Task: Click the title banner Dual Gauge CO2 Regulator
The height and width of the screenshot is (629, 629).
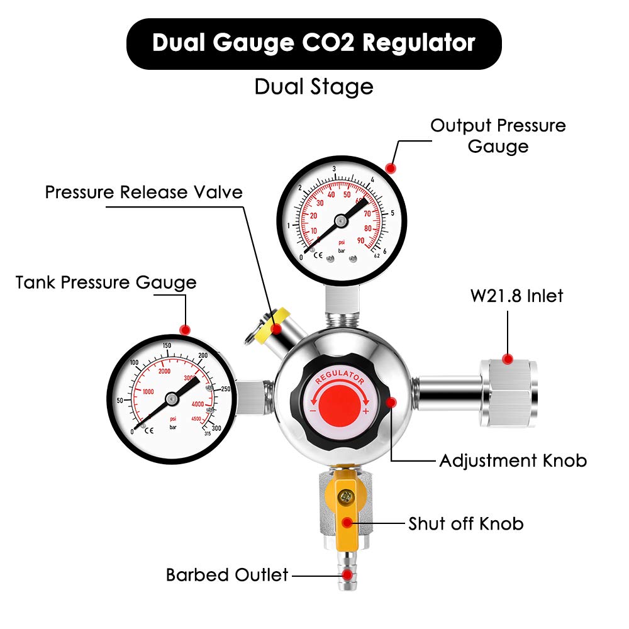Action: pos(314,43)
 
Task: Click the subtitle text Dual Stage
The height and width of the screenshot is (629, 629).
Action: pos(314,86)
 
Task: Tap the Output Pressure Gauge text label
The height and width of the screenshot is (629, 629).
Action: pos(498,135)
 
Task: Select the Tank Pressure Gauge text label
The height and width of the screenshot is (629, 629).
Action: pos(106,282)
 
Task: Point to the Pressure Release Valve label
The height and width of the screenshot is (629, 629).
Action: pos(143,192)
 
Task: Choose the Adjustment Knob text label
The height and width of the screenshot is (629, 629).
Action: pos(513,460)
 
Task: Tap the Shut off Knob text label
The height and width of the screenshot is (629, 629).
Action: pos(465,523)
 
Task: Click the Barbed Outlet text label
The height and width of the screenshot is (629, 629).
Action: pos(227,574)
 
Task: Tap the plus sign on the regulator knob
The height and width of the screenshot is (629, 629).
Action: pos(366,411)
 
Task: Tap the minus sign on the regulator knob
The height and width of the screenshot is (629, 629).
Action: pos(313,411)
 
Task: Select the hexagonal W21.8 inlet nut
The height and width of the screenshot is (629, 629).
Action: pos(508,390)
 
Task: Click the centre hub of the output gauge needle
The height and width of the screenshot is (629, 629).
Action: pos(341,221)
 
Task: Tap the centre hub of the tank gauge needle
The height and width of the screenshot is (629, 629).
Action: pos(171,398)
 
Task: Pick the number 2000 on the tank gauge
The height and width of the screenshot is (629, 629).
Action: pos(164,371)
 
